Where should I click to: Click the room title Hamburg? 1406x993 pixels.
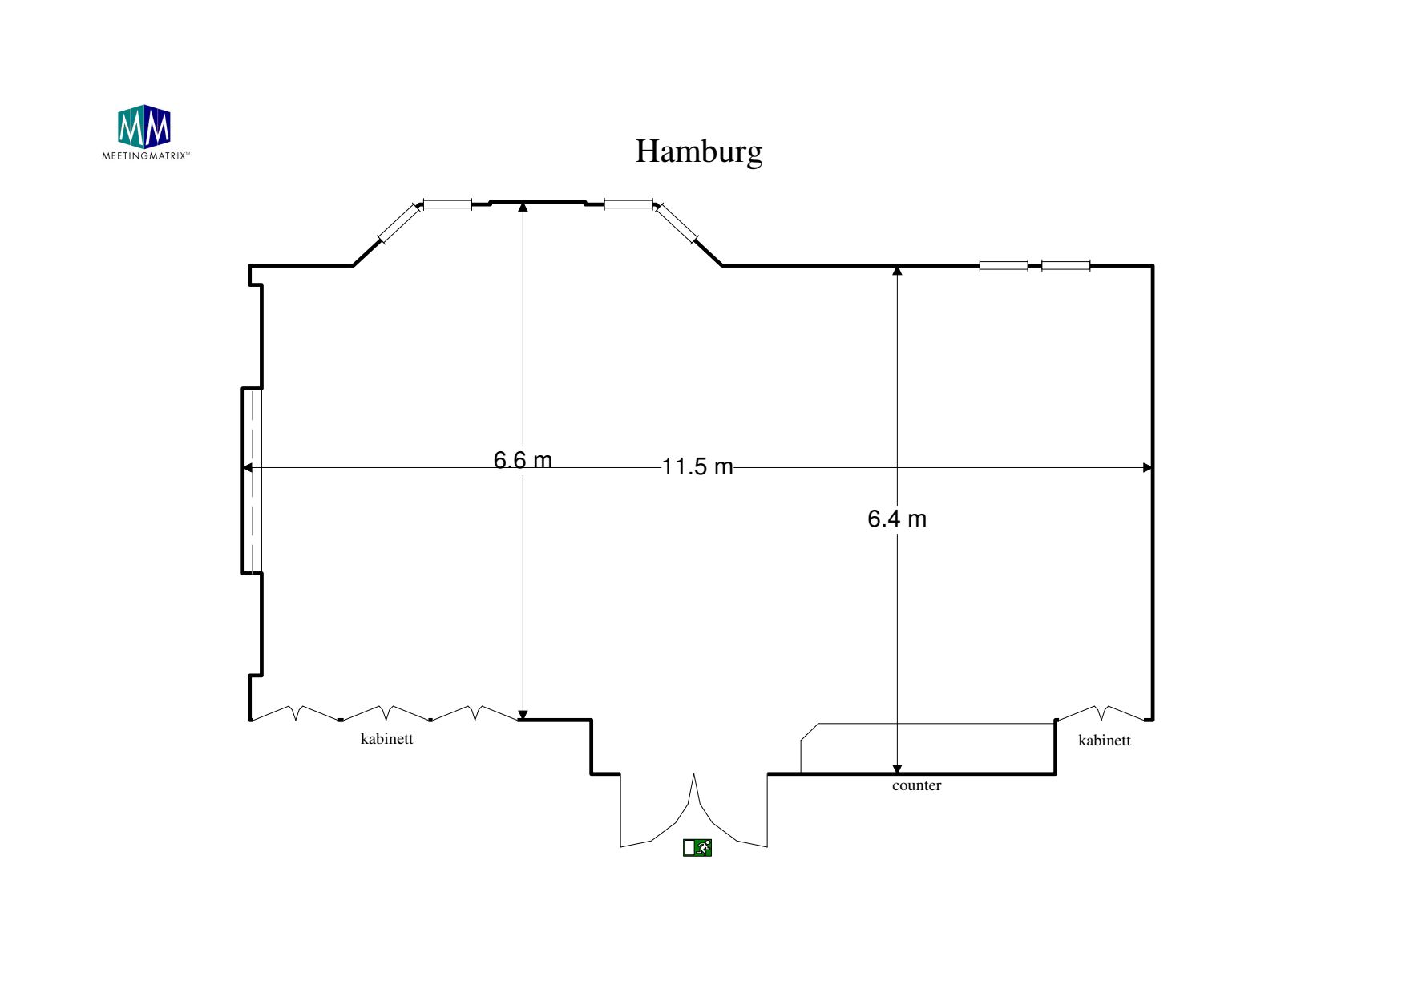(698, 151)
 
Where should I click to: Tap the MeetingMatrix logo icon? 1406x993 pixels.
(144, 127)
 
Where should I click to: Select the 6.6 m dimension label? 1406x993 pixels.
(523, 460)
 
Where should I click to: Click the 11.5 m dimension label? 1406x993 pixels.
(697, 466)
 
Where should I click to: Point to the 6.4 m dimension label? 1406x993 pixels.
(897, 519)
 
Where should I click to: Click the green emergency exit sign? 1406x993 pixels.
(697, 847)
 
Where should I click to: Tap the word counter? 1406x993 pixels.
(916, 785)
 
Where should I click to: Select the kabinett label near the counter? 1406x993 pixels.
(1104, 741)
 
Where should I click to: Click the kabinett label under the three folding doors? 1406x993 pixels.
(387, 739)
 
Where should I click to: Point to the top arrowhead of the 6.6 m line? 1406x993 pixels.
(523, 207)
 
